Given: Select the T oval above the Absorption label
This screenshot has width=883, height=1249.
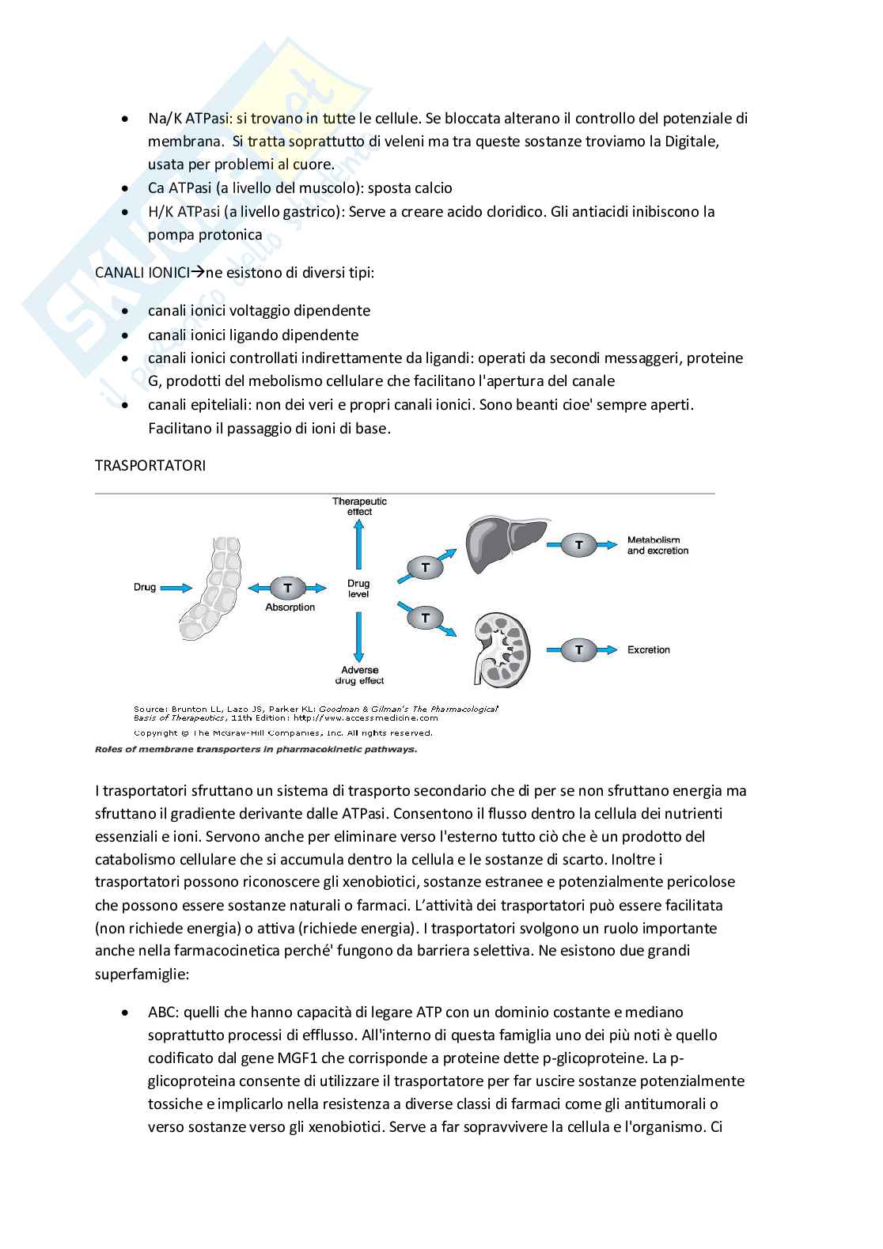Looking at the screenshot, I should (288, 588).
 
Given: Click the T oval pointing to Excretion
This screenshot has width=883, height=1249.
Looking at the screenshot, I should (579, 649).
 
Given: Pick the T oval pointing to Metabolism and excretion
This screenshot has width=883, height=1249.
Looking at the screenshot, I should (579, 545).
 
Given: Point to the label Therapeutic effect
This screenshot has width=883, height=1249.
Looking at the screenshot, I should (359, 506).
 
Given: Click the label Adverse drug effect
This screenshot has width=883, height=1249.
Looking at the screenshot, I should (360, 675).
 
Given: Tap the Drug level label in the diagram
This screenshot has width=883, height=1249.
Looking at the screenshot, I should (358, 589).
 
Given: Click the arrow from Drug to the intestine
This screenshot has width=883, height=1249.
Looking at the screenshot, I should (176, 588).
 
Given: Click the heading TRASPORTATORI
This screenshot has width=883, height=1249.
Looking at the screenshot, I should (150, 465).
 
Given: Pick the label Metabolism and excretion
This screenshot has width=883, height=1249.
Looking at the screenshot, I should (658, 545).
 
